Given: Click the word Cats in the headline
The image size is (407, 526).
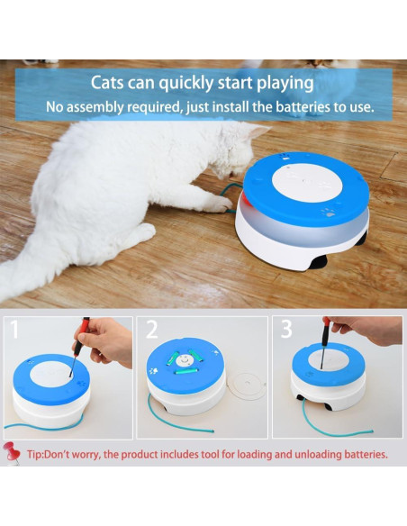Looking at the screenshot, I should tap(109, 83).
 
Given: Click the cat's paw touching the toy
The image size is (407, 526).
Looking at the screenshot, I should tap(215, 202).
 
